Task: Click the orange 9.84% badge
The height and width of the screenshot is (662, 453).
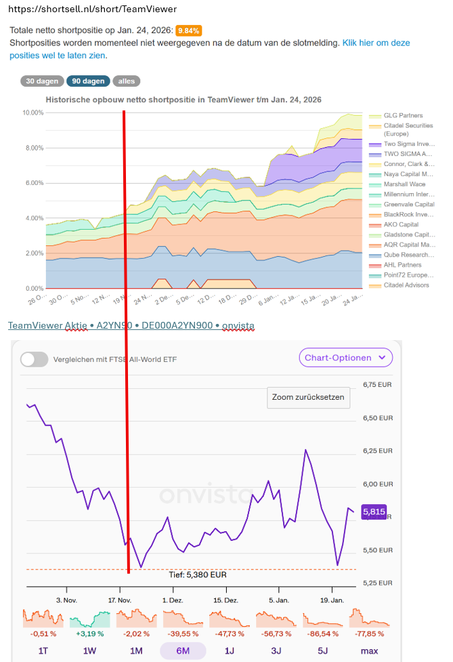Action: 188,31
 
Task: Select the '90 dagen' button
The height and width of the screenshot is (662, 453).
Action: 88,81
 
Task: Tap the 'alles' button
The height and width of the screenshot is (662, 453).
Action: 127,81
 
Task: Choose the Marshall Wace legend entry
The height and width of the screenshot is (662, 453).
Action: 405,184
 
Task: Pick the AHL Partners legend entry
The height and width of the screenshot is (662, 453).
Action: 402,265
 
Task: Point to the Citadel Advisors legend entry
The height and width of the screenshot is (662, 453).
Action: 406,285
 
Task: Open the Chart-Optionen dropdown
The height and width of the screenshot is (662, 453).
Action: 345,357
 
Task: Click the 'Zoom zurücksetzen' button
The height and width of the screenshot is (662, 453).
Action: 309,397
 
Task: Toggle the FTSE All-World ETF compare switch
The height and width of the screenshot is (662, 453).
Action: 34,359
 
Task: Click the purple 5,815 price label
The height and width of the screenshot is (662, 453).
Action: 374,512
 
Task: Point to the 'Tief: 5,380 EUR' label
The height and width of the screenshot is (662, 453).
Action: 197,575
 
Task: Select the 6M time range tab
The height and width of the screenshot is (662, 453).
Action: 183,651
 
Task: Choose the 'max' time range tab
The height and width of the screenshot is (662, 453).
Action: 370,651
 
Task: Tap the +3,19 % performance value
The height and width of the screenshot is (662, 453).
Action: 90,634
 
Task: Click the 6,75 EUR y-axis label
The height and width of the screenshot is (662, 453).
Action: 378,385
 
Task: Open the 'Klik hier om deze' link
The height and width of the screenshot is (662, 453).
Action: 376,43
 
